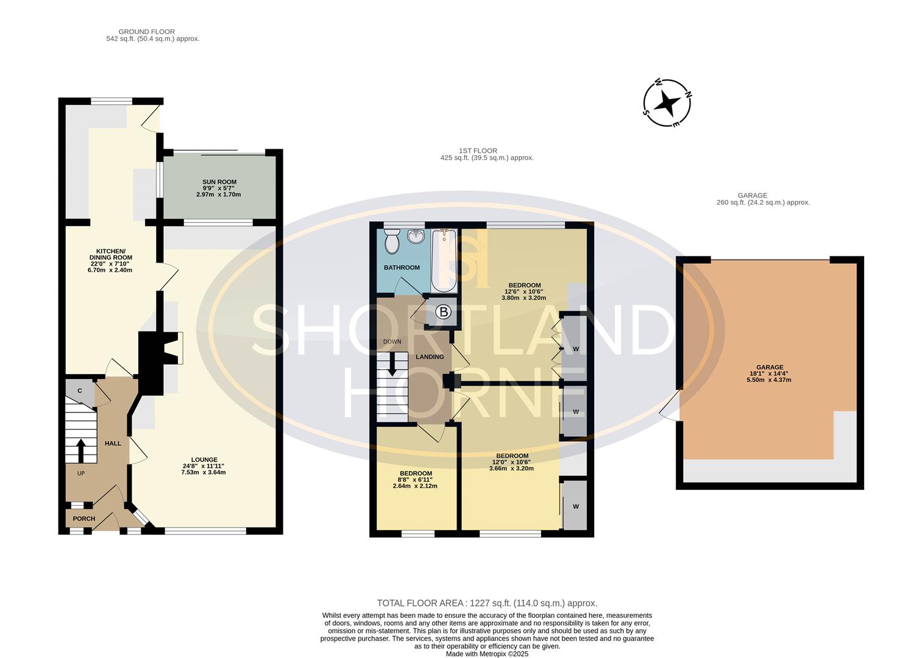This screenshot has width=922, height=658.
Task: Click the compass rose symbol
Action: (x=667, y=103)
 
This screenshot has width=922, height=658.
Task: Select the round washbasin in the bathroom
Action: (x=416, y=236)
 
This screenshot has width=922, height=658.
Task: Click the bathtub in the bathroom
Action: (x=444, y=261)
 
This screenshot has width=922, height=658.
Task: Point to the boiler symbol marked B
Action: (x=444, y=313)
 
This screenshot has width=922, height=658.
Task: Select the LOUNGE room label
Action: (x=204, y=459)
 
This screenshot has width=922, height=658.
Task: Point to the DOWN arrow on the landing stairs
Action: (x=392, y=364)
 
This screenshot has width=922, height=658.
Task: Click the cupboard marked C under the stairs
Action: (x=80, y=391)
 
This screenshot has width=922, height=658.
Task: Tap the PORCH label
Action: (x=84, y=518)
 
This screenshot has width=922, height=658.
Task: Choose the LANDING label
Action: (x=430, y=357)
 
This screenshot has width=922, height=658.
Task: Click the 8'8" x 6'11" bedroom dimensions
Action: (x=415, y=480)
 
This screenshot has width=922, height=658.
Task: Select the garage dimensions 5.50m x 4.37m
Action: (x=769, y=380)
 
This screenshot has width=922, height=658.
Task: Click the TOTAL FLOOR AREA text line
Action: (x=487, y=603)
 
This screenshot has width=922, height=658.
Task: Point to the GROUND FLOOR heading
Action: (x=146, y=32)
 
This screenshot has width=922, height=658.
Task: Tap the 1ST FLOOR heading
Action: (x=478, y=151)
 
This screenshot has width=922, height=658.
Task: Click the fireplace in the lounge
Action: (x=160, y=348)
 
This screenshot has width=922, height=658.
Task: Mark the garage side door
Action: (x=670, y=405)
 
